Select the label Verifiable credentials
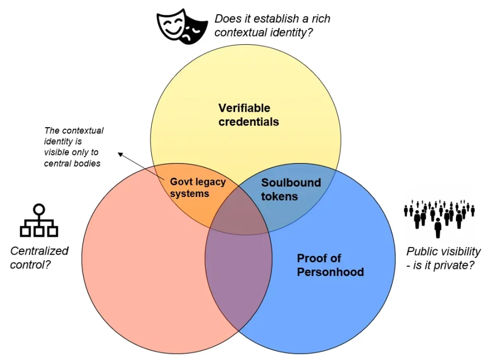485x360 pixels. click(x=248, y=115)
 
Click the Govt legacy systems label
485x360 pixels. click(x=197, y=188)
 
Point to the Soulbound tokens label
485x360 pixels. click(x=290, y=189)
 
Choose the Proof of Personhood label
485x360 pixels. click(x=330, y=265)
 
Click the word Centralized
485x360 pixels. click(x=39, y=251)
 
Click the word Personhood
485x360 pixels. click(x=330, y=272)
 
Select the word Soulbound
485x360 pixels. click(x=291, y=183)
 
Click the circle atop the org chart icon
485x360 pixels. click(x=39, y=209)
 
